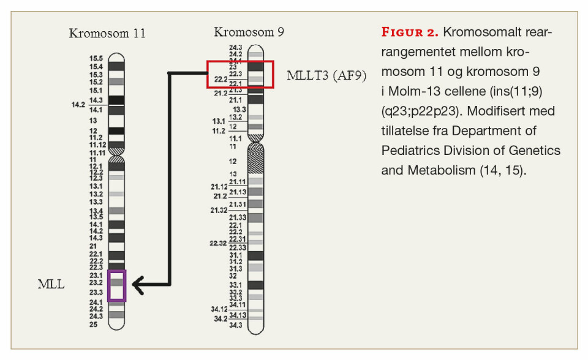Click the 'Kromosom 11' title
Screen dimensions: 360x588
pos(107,33)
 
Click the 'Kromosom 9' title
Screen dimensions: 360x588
pos(249,31)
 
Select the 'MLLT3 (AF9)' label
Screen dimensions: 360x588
pos(326,76)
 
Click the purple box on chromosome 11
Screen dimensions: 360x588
pos(117,285)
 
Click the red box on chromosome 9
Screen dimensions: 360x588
pos(239,74)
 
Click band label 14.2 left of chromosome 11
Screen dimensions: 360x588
pos(77,105)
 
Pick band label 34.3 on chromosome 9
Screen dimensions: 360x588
pos(236,325)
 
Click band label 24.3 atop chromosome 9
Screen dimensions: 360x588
pos(236,47)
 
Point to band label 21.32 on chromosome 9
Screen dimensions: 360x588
pos(219,210)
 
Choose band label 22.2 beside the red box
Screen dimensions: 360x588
pos(221,79)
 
